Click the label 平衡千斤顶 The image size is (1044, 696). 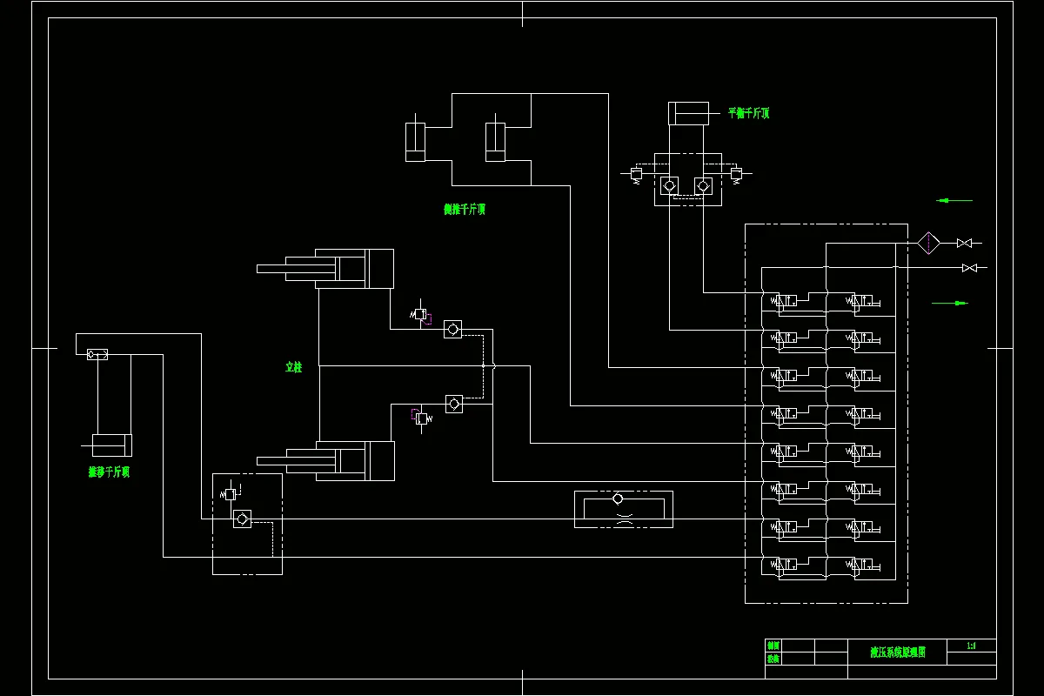click(x=748, y=113)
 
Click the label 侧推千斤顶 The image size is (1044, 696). click(x=464, y=210)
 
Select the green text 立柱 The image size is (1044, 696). click(x=293, y=368)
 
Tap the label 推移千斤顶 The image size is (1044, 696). click(x=109, y=472)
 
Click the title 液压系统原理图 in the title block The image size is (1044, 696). click(x=898, y=652)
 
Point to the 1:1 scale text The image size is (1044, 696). click(x=971, y=646)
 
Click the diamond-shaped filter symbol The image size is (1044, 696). click(x=929, y=243)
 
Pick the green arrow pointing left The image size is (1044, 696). click(x=954, y=200)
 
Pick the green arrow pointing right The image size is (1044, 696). click(x=950, y=303)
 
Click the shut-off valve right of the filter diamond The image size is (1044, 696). click(x=964, y=243)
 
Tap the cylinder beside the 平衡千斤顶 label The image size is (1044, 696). click(x=688, y=114)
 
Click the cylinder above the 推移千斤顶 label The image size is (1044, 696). click(x=112, y=445)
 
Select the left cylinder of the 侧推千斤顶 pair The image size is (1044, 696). click(x=415, y=142)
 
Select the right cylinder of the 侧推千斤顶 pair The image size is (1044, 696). click(x=495, y=142)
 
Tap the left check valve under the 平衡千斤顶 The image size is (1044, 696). click(x=669, y=185)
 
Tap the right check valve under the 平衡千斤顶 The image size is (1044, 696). click(x=703, y=185)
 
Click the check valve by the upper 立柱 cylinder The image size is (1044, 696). click(x=452, y=330)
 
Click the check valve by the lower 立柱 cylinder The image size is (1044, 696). click(x=453, y=404)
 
